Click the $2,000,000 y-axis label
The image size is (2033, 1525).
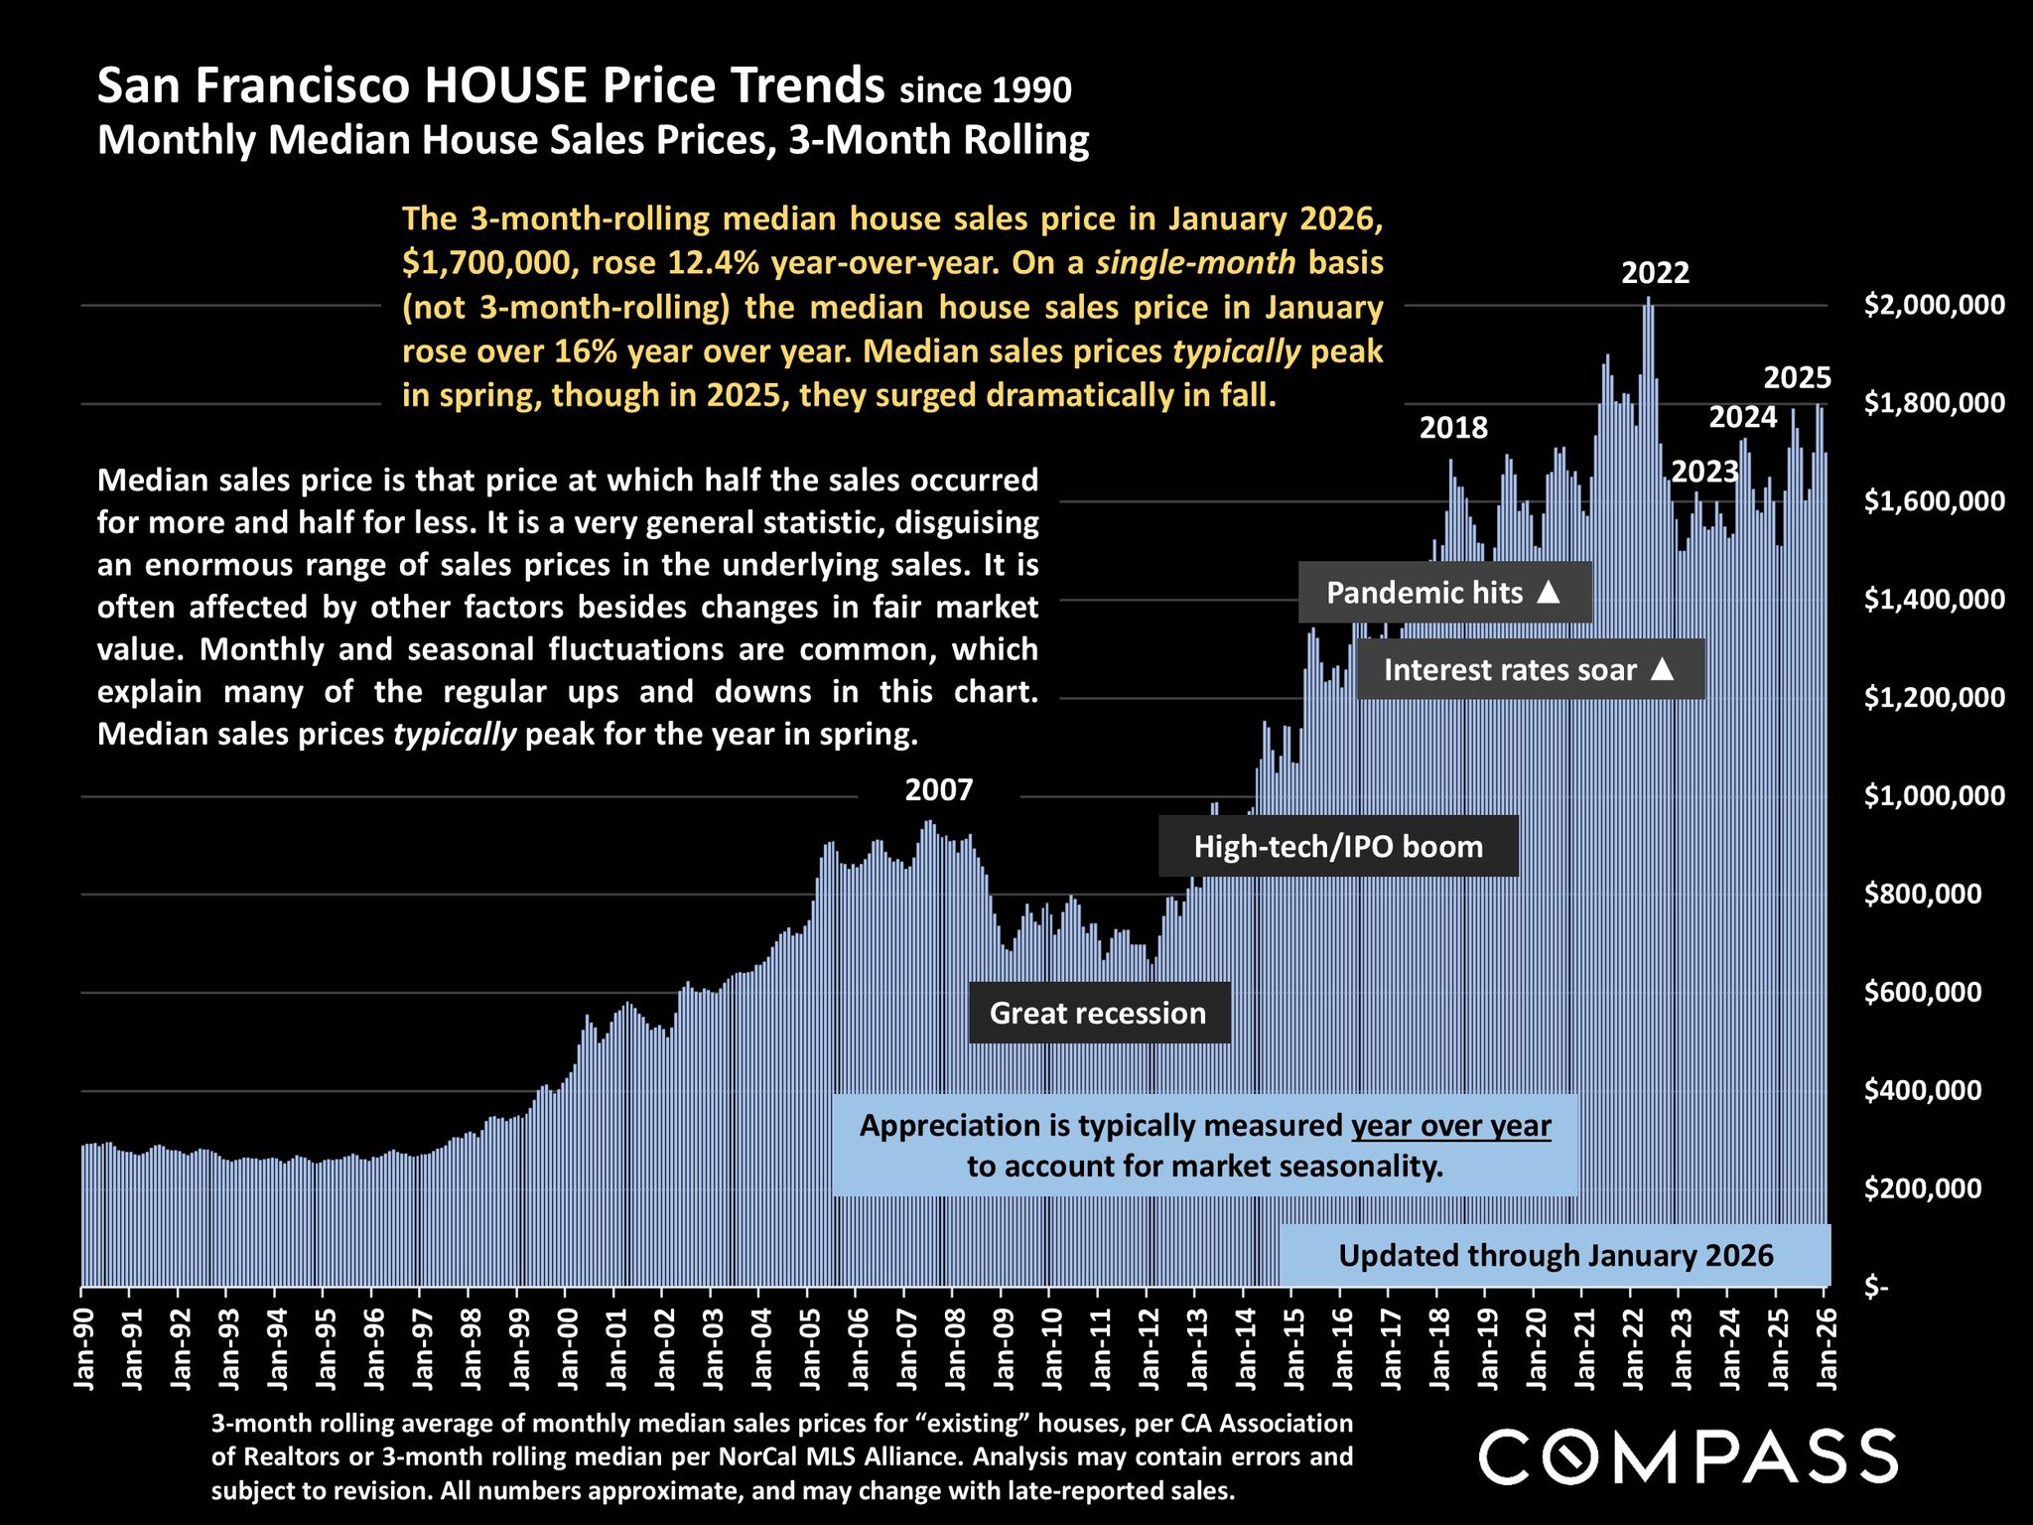point(1934,305)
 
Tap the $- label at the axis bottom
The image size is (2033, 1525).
point(1876,1288)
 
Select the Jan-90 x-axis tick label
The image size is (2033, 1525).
point(84,1345)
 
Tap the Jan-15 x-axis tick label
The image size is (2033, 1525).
point(1294,1345)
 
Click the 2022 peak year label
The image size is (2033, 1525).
point(1655,273)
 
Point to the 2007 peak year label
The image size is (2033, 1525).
point(938,790)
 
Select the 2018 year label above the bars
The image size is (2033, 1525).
point(1453,428)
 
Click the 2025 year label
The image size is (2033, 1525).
point(1797,378)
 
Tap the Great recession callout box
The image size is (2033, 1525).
point(1098,1013)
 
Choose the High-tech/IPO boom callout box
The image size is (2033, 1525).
point(1337,847)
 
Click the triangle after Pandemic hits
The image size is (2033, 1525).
point(1549,593)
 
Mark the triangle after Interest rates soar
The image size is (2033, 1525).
point(1663,670)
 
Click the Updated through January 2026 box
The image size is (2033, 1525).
point(1555,1256)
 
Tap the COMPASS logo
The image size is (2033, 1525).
point(1688,1456)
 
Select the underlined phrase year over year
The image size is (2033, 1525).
point(1450,1126)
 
